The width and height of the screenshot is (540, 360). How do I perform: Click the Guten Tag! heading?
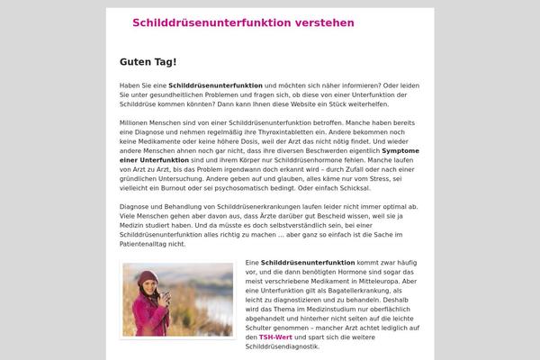coord(148,62)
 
